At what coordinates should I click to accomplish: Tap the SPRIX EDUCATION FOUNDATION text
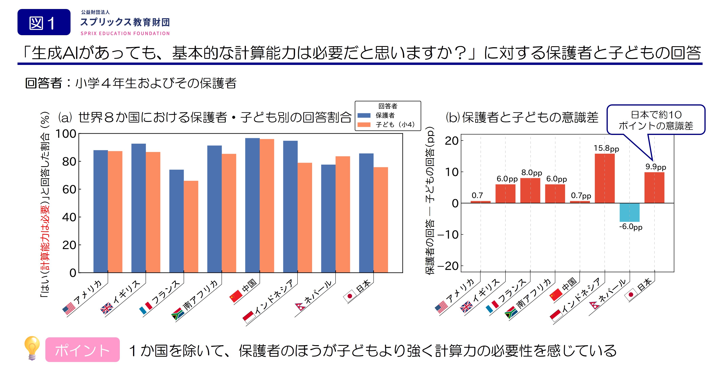point(125,33)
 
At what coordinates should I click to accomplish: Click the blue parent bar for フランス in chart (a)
point(177,221)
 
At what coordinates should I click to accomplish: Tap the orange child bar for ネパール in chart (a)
point(343,214)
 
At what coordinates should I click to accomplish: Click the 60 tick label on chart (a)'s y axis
point(69,190)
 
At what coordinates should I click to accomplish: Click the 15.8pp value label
point(606,148)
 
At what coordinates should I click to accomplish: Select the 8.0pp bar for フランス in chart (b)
point(530,190)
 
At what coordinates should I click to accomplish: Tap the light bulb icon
point(32,348)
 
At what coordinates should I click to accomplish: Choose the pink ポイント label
point(82,350)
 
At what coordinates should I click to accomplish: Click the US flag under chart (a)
point(69,309)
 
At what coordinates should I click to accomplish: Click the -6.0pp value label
point(631,227)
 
